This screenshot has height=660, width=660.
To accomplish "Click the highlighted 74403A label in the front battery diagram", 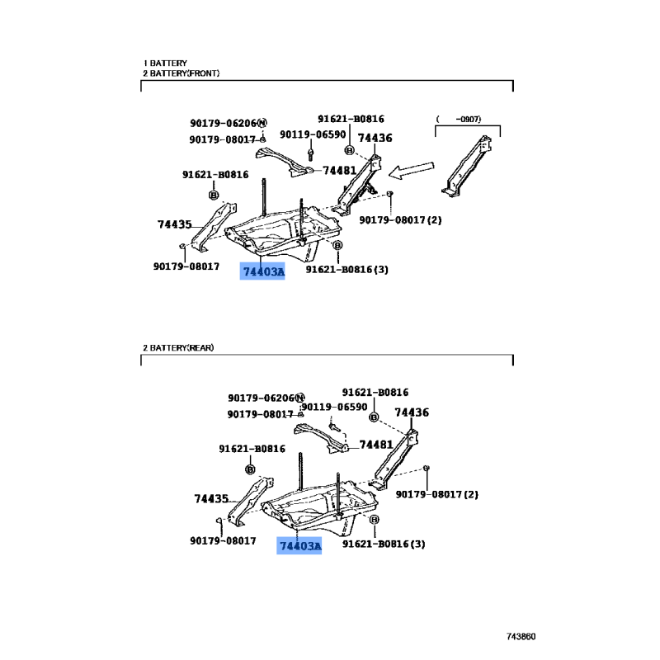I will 262,271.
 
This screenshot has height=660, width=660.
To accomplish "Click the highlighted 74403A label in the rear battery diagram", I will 299,545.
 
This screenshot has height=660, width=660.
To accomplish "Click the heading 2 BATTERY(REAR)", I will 178,348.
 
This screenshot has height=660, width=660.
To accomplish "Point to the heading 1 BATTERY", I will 165,63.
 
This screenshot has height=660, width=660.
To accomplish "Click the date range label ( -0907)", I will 459,120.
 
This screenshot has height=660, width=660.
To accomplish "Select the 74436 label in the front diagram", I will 375,138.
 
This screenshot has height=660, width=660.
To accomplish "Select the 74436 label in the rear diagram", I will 411,413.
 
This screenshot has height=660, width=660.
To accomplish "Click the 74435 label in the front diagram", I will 174,224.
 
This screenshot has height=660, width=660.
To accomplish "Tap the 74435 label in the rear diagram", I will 211,499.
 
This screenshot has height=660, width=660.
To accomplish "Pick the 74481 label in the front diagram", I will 338,171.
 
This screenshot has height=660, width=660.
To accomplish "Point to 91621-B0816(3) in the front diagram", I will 346,268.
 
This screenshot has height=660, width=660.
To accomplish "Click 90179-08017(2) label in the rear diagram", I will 436,494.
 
